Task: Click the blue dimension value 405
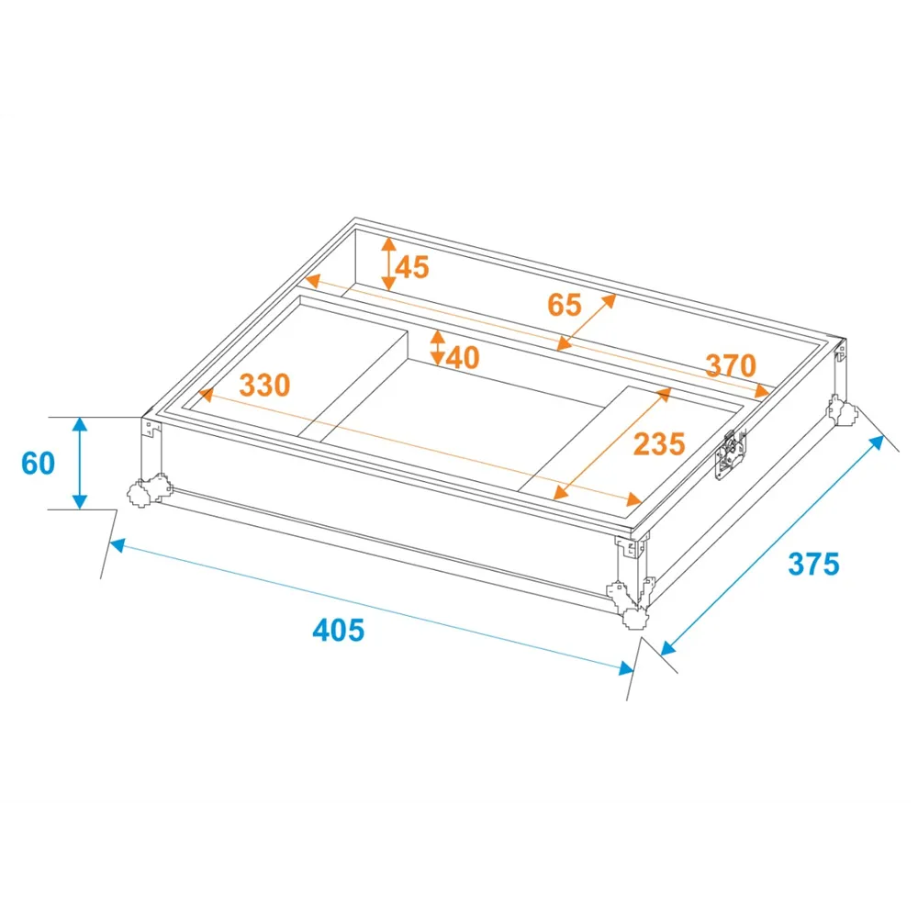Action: tap(339, 631)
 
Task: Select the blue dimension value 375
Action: tap(813, 565)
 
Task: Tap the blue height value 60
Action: tap(38, 463)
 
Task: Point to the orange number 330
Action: tap(264, 386)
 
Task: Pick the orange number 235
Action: tap(659, 443)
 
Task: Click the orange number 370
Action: tap(731, 365)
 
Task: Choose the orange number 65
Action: tap(565, 305)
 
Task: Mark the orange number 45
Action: tap(412, 267)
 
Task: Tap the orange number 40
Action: tap(463, 357)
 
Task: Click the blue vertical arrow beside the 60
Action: tap(80, 463)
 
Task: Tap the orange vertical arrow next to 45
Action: tap(388, 264)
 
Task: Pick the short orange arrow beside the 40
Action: tap(437, 348)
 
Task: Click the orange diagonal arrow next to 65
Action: tap(587, 322)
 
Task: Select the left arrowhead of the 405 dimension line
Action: tap(117, 545)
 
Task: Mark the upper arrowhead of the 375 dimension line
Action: tap(878, 442)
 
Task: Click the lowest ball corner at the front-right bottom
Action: tap(636, 618)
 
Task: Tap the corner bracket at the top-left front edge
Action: tap(152, 428)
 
